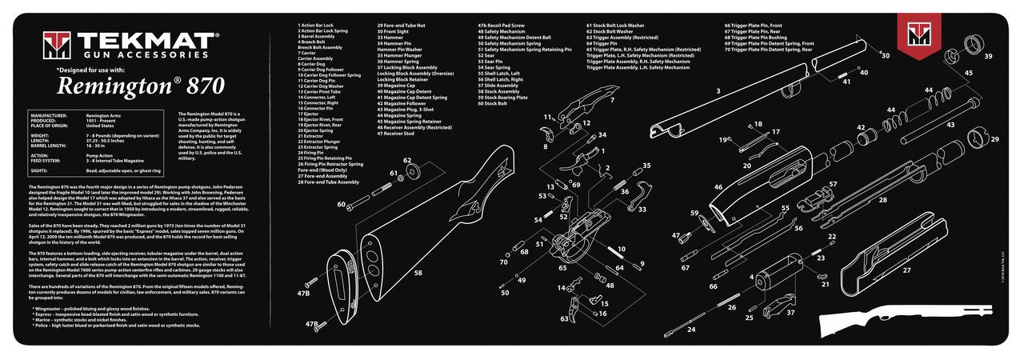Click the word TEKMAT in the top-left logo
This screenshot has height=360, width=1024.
[134, 42]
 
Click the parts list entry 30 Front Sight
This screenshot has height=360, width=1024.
[398, 31]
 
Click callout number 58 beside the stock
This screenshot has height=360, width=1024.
[418, 273]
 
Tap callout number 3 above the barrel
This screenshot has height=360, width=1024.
[718, 91]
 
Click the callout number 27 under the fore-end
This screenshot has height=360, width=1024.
[906, 270]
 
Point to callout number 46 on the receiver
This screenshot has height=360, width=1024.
[718, 187]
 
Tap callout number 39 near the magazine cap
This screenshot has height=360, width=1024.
[988, 57]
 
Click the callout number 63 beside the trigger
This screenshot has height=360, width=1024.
[565, 318]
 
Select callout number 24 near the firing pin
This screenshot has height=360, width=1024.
[691, 329]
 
